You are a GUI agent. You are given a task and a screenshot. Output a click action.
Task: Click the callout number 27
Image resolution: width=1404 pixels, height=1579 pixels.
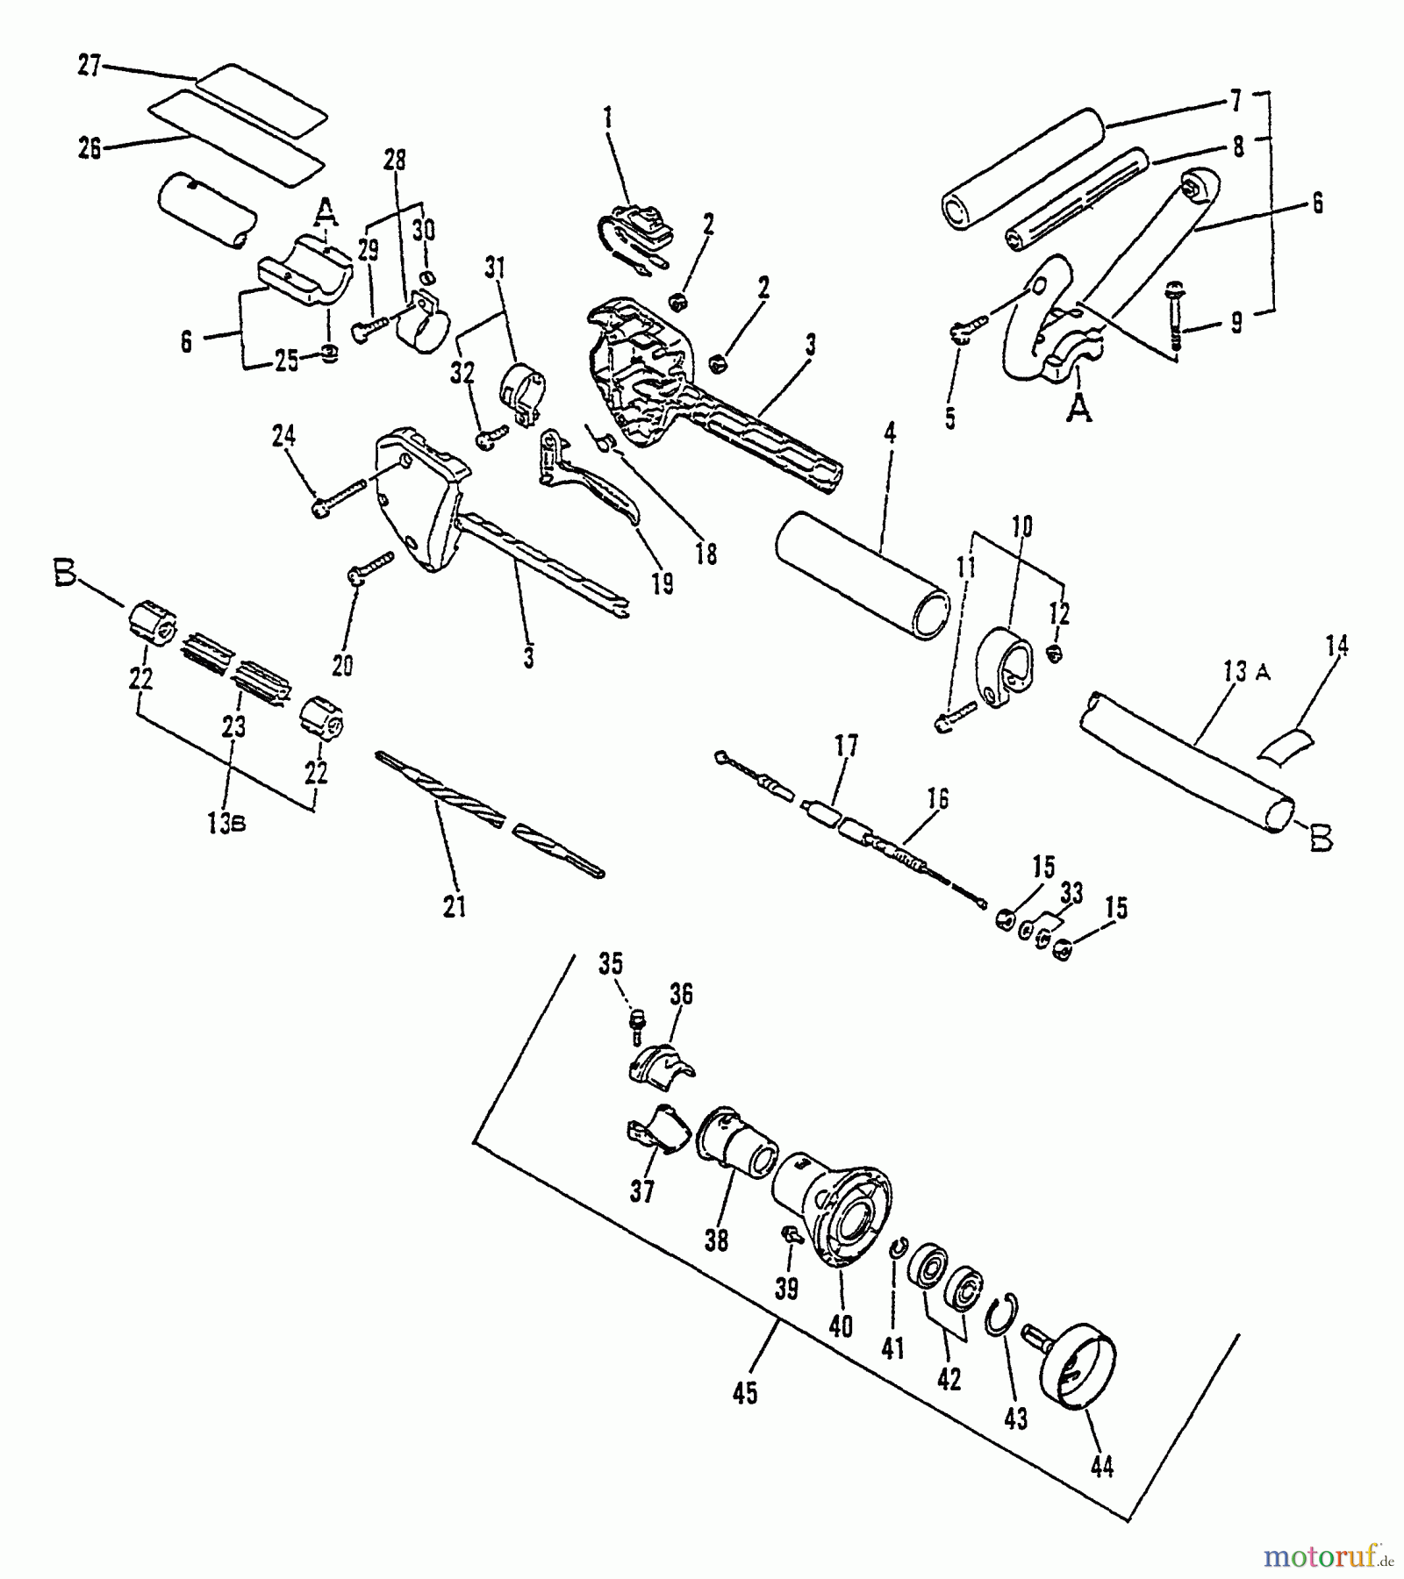pyautogui.click(x=90, y=66)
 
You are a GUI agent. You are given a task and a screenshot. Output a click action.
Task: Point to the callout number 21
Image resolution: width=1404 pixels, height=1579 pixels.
pyautogui.click(x=454, y=906)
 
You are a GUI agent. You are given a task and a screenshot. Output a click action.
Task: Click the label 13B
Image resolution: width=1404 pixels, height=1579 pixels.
pyautogui.click(x=226, y=825)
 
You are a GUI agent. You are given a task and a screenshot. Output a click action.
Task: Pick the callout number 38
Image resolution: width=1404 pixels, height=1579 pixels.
pyautogui.click(x=717, y=1241)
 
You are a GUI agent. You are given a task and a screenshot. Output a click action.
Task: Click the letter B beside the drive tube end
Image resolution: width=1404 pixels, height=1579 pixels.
pyautogui.click(x=1320, y=839)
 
